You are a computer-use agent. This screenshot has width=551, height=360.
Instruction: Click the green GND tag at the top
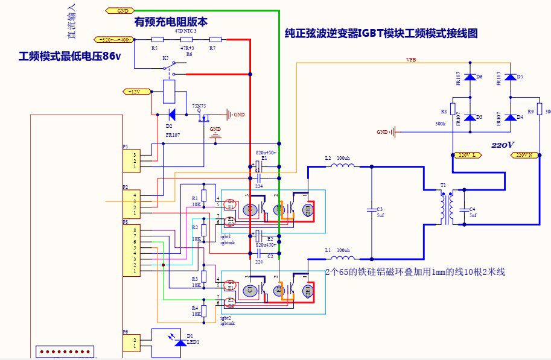(x=120, y=11)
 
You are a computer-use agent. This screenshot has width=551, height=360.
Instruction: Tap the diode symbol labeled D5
(x=511, y=77)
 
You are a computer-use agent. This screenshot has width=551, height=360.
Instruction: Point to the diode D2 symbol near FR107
(x=171, y=114)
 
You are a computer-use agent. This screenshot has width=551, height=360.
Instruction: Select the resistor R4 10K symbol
(x=204, y=311)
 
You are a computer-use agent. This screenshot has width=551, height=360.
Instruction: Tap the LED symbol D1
(x=180, y=342)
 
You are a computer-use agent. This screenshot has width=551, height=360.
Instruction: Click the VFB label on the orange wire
(x=410, y=60)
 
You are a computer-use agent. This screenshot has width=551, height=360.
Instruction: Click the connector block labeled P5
(x=134, y=160)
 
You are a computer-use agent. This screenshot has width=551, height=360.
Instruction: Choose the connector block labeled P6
(x=134, y=343)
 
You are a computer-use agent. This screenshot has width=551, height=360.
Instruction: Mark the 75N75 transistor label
(x=199, y=106)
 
